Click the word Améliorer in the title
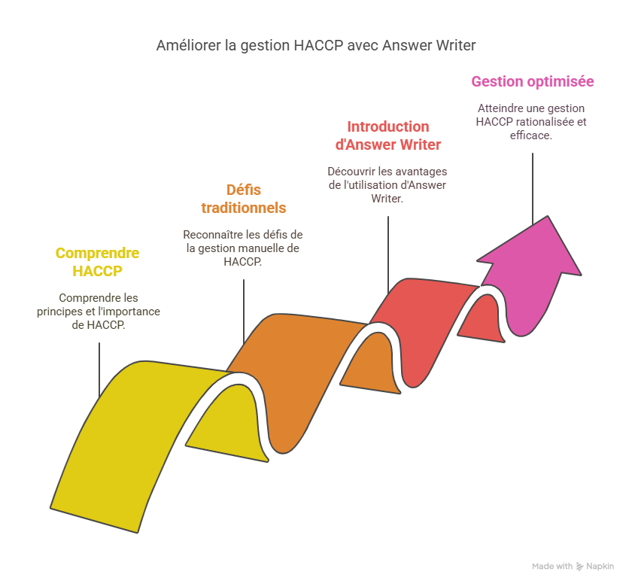click(189, 46)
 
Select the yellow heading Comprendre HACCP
click(98, 262)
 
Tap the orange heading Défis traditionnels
click(244, 199)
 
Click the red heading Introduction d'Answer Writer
click(388, 135)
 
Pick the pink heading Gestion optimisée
click(533, 81)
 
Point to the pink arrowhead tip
click(548, 217)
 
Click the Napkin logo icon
click(579, 567)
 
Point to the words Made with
click(552, 566)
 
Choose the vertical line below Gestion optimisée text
click(533, 189)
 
